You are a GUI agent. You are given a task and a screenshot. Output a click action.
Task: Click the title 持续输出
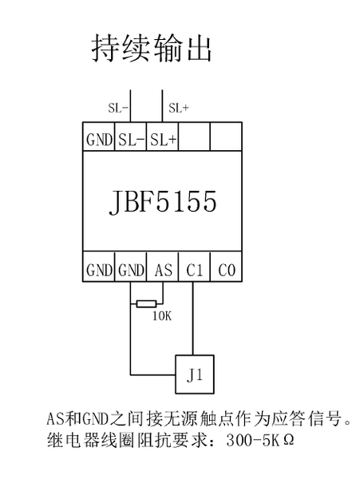pos(152,48)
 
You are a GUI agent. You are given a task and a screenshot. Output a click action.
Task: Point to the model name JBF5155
pos(163,201)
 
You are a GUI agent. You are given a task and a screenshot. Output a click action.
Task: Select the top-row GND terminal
pos(99,137)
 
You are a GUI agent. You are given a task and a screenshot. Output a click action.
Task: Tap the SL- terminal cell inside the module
pos(131,137)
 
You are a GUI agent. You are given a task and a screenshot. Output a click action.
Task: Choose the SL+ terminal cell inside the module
pos(163,137)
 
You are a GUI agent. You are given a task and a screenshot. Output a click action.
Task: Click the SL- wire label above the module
pos(118,108)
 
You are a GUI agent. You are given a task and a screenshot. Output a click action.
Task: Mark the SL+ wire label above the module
pos(179,108)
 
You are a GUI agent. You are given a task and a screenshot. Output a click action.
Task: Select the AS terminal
pos(163,267)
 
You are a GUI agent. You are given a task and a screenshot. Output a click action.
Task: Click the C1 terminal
pos(195,267)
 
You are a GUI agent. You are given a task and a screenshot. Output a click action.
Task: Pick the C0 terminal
pos(226,267)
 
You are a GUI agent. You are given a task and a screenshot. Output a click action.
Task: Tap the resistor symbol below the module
pos(146,304)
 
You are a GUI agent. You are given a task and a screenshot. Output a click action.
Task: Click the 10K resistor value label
pos(162,316)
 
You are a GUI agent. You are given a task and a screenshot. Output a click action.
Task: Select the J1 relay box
pos(195,374)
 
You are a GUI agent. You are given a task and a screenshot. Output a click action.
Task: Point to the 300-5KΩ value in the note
pos(260,441)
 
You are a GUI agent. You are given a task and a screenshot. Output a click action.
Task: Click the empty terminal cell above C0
pos(226,137)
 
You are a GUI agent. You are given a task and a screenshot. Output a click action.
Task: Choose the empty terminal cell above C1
pos(195,137)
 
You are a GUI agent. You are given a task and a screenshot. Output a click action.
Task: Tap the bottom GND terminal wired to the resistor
pos(131,267)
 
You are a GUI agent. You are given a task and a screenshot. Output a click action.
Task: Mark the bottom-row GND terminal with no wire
pos(99,267)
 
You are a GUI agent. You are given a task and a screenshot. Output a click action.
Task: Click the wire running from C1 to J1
pos(192,318)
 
